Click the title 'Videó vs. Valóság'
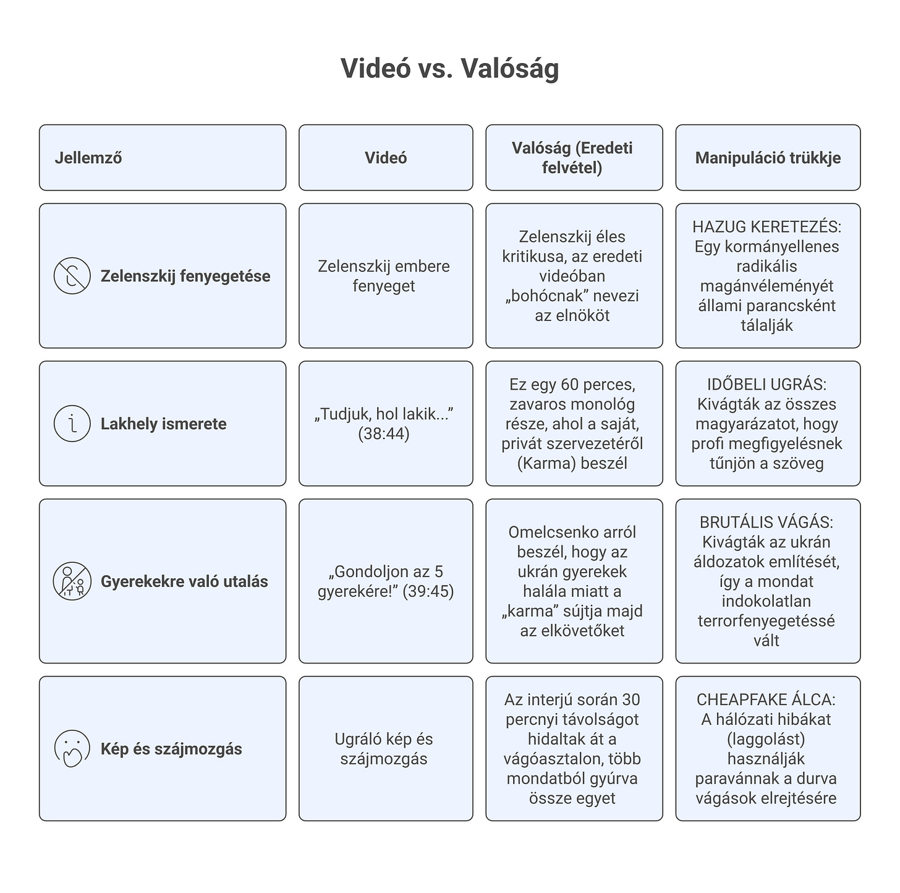pyautogui.click(x=449, y=68)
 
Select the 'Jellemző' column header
pyautogui.click(x=88, y=158)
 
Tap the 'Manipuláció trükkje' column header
pyautogui.click(x=768, y=158)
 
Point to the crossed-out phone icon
pyautogui.click(x=72, y=276)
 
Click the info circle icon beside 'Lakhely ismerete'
pyautogui.click(x=72, y=424)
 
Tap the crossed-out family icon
pyautogui.click(x=72, y=581)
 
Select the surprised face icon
pyautogui.click(x=72, y=748)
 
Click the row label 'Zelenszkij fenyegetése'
pyautogui.click(x=185, y=276)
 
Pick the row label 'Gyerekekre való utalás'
pyautogui.click(x=184, y=581)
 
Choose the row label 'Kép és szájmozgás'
pyautogui.click(x=171, y=749)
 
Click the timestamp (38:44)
pyautogui.click(x=384, y=434)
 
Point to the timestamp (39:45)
pyautogui.click(x=428, y=592)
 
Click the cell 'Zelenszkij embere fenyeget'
pyautogui.click(x=384, y=276)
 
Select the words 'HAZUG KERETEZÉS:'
pyautogui.click(x=766, y=227)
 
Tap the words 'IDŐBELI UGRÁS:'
pyautogui.click(x=766, y=385)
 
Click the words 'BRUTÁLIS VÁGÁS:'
pyautogui.click(x=766, y=523)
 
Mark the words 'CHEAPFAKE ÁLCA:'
pyautogui.click(x=766, y=700)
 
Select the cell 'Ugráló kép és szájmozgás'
pyautogui.click(x=384, y=749)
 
